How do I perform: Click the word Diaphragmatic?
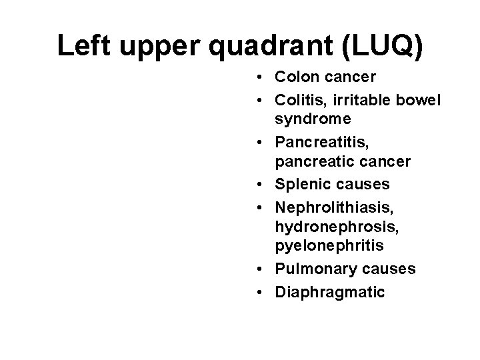pos(329,291)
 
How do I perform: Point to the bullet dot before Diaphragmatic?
pos(258,291)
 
